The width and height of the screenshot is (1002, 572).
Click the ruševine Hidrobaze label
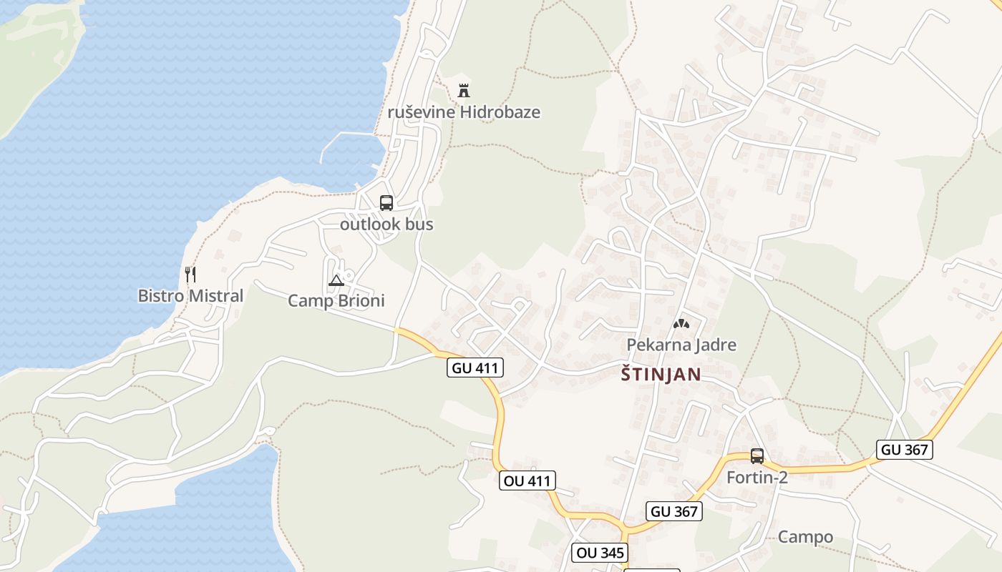click(x=464, y=112)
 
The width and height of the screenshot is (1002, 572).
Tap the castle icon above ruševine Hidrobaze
click(x=464, y=90)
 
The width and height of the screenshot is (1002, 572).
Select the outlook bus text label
click(x=386, y=224)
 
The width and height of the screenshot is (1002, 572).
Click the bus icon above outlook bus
click(x=386, y=203)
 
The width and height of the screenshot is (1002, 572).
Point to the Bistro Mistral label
click(x=190, y=295)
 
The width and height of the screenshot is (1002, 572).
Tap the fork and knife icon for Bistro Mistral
click(x=190, y=275)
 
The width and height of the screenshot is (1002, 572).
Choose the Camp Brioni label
click(x=336, y=300)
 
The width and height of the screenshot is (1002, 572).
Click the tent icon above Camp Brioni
click(x=336, y=280)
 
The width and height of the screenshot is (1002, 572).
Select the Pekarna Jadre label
click(x=681, y=345)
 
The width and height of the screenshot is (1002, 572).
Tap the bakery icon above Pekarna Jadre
click(x=681, y=324)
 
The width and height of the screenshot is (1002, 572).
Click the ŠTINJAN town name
click(x=661, y=374)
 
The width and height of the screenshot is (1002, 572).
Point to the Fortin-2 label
click(x=757, y=477)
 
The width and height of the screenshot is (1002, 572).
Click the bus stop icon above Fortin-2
click(x=757, y=455)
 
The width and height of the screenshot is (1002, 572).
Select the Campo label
click(x=805, y=537)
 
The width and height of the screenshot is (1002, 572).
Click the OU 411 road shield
click(x=528, y=480)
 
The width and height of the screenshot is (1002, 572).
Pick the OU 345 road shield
click(x=600, y=553)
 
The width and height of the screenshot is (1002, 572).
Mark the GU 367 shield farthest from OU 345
click(x=905, y=450)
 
